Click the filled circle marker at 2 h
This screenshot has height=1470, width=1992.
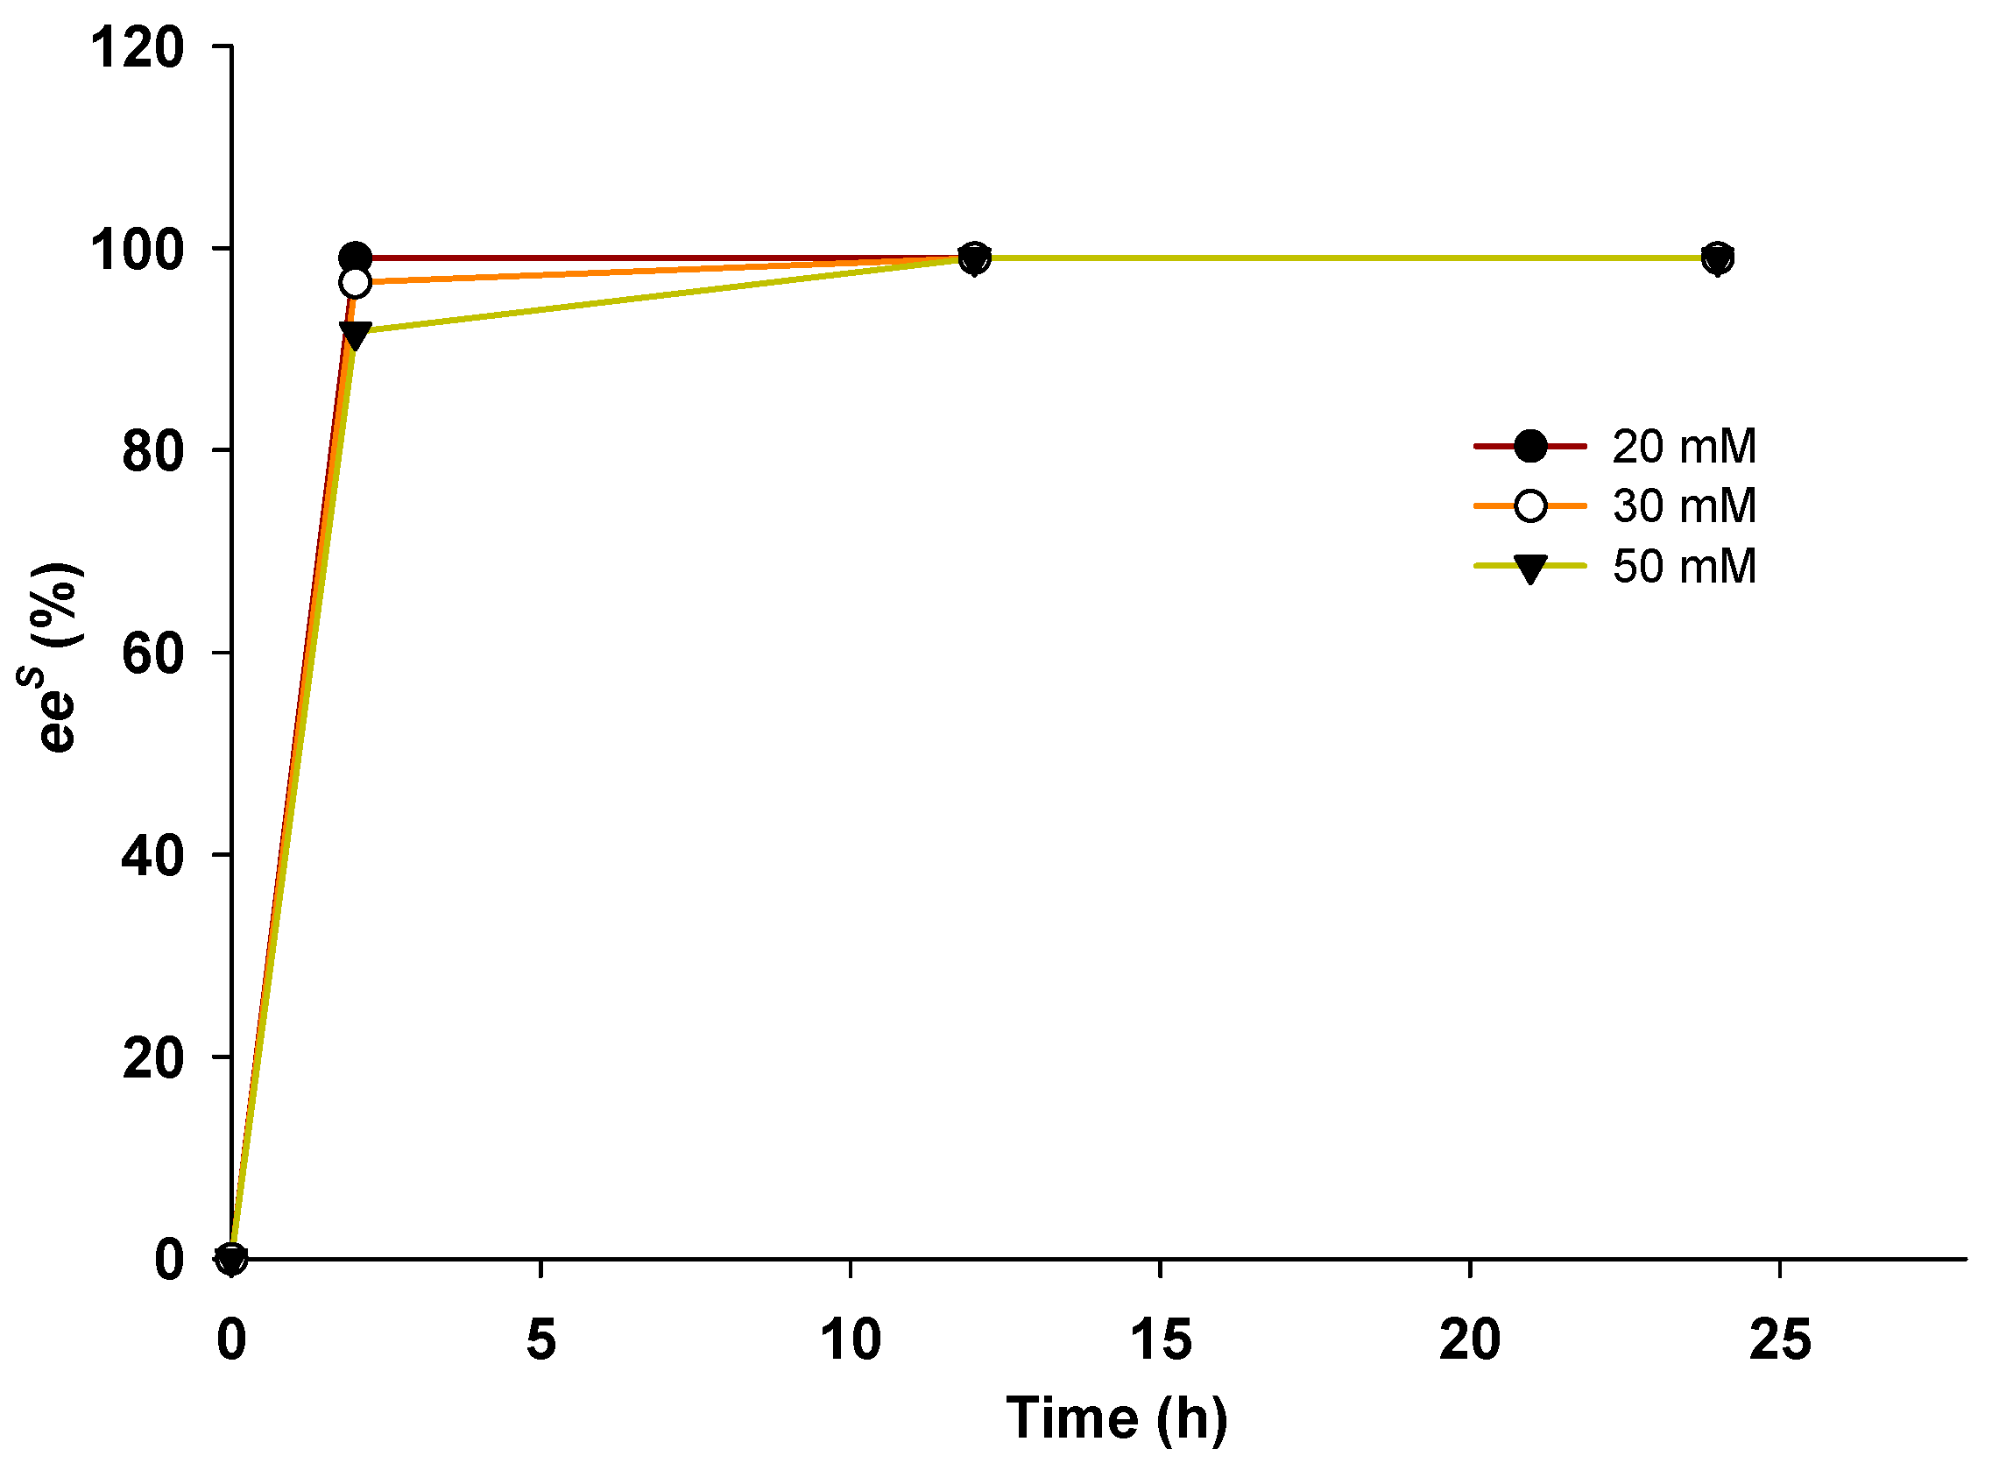(x=356, y=258)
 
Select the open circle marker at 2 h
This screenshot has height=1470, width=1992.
(x=355, y=283)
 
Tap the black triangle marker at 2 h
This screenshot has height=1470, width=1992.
(x=355, y=336)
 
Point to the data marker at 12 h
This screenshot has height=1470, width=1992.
(x=976, y=258)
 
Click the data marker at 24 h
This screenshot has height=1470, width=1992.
(x=1719, y=258)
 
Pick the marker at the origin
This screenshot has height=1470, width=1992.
(x=231, y=1259)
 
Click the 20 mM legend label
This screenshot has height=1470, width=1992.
(x=1685, y=447)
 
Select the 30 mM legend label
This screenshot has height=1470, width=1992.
(x=1685, y=506)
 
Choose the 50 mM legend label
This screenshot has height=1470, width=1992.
(x=1685, y=567)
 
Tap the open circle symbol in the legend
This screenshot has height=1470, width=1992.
(x=1531, y=506)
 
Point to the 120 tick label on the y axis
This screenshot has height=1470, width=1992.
(x=137, y=47)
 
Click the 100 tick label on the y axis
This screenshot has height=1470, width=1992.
(x=137, y=250)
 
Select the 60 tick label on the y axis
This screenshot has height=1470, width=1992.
(x=153, y=655)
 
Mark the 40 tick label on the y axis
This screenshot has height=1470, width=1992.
(x=153, y=857)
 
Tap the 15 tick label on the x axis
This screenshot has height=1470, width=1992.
(x=1161, y=1340)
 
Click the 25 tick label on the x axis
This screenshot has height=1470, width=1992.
(x=1780, y=1340)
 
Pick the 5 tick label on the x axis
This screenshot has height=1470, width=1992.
(x=541, y=1340)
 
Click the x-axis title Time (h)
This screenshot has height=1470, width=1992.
(x=1117, y=1418)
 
